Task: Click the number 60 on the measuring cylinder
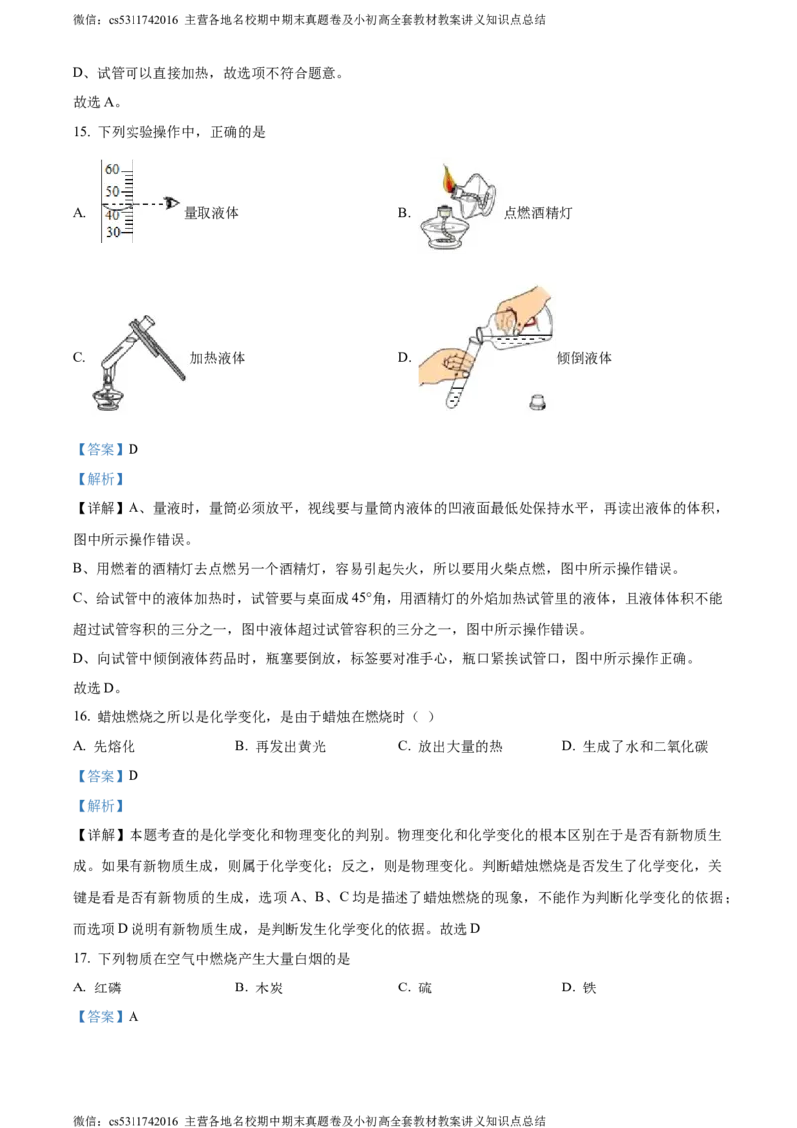point(112,169)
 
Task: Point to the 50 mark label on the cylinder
point(112,191)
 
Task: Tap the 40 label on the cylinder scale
point(112,215)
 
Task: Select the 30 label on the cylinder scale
point(112,233)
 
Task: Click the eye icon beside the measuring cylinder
point(172,204)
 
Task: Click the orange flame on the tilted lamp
point(450,181)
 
